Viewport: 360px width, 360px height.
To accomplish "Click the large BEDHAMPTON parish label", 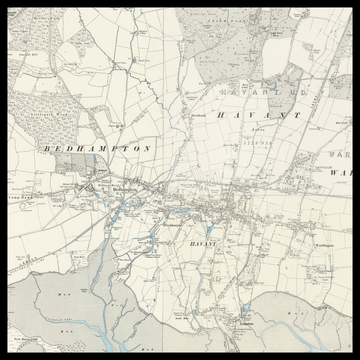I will [98, 148].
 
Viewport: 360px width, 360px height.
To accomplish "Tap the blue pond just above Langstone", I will [244, 311].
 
